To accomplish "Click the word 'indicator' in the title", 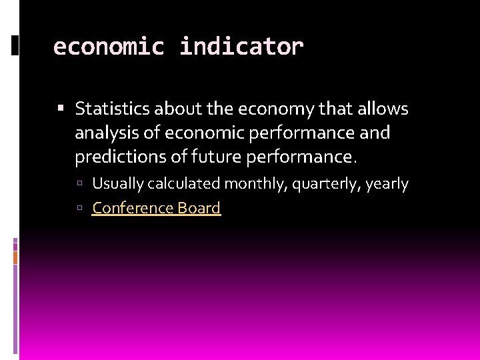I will [241, 47].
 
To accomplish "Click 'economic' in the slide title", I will [108, 47].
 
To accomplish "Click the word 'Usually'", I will [117, 184].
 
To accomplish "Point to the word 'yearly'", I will [387, 184].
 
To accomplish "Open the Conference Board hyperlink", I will [156, 208].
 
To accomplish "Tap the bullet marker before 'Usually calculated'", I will [80, 184].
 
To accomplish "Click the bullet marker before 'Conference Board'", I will [80, 209].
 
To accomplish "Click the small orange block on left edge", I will [15, 257].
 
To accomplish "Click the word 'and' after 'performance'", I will [375, 133].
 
